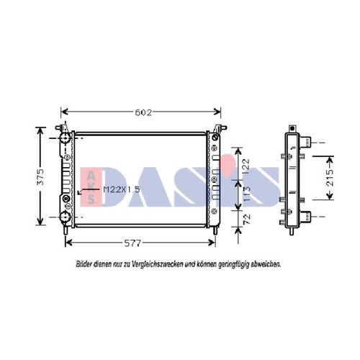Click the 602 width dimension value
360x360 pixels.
click(x=143, y=112)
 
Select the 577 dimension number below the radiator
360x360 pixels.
click(x=132, y=243)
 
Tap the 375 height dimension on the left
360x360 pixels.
click(x=41, y=177)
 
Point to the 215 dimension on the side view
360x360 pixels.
click(x=330, y=178)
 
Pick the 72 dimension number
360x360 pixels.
click(x=246, y=219)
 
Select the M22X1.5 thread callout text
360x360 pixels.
click(x=122, y=189)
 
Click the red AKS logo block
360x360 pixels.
click(x=91, y=186)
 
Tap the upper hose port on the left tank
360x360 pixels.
click(x=65, y=138)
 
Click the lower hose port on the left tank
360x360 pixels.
click(x=65, y=217)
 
